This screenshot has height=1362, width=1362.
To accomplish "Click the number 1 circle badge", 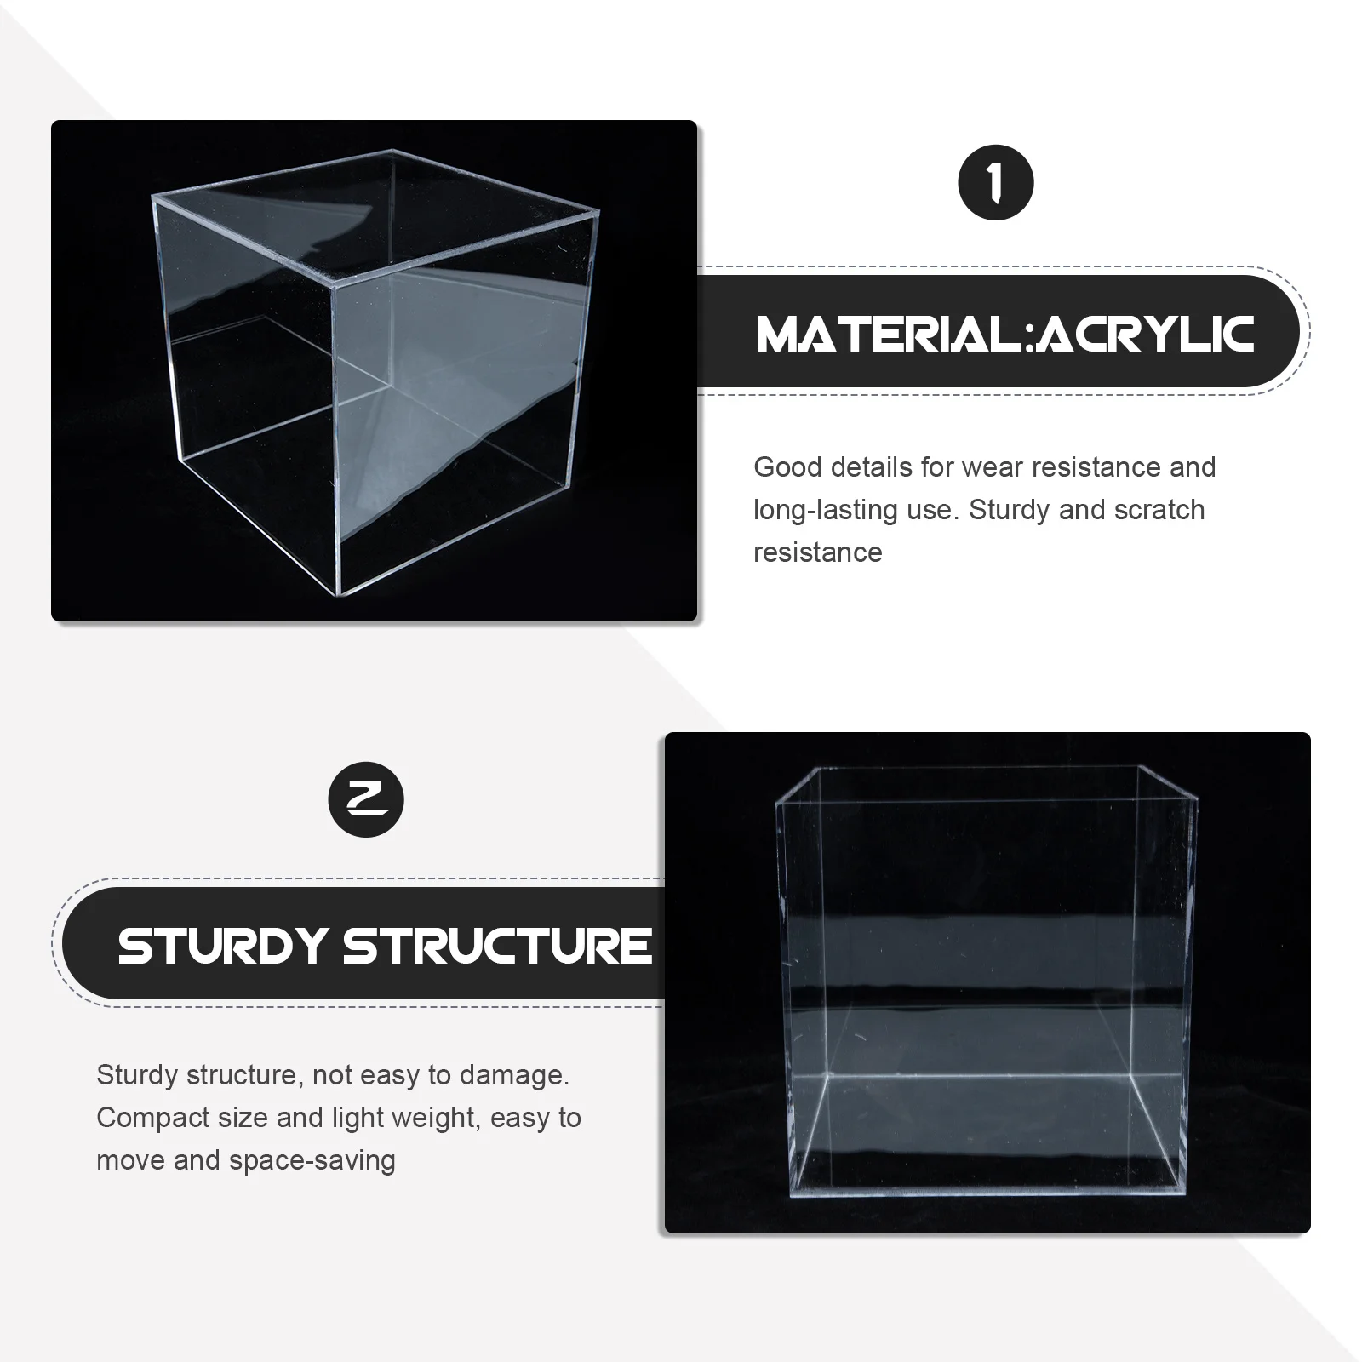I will (995, 183).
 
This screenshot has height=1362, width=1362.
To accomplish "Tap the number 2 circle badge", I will (366, 799).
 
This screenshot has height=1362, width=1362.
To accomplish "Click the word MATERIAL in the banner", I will (889, 334).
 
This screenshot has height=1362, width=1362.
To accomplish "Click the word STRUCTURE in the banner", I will (497, 946).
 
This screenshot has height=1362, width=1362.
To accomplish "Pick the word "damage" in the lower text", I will (514, 1075).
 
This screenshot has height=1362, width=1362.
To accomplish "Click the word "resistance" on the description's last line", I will (817, 552).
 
